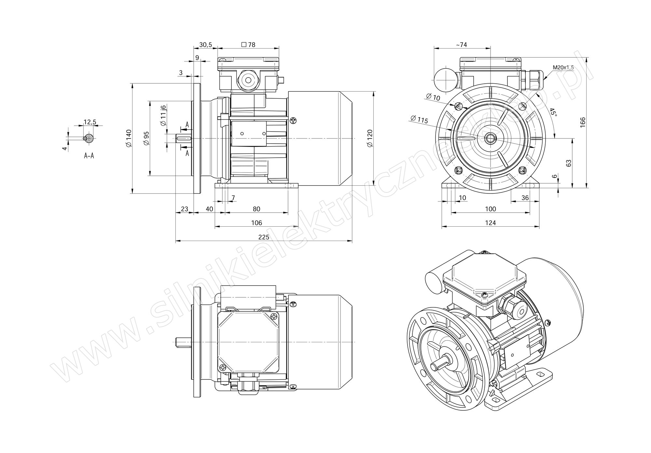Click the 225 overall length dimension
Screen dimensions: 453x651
coord(264,237)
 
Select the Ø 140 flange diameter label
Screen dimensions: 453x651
coord(129,138)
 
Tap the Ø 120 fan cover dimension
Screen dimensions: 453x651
coord(370,138)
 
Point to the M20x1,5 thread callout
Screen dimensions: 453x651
coord(563,68)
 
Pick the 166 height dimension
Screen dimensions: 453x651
coord(583,122)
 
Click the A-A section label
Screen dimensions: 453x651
coord(89,156)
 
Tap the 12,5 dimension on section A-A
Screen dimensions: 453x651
coord(90,122)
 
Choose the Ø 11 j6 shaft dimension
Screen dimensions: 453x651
coord(163,115)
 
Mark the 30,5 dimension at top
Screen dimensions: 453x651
coord(205,45)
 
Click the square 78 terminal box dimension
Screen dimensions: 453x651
coord(248,45)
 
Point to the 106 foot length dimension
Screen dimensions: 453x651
coord(256,223)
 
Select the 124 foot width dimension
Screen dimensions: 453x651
coord(490,223)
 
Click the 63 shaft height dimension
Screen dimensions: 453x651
coord(569,163)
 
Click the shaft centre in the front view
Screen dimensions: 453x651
coord(490,138)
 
